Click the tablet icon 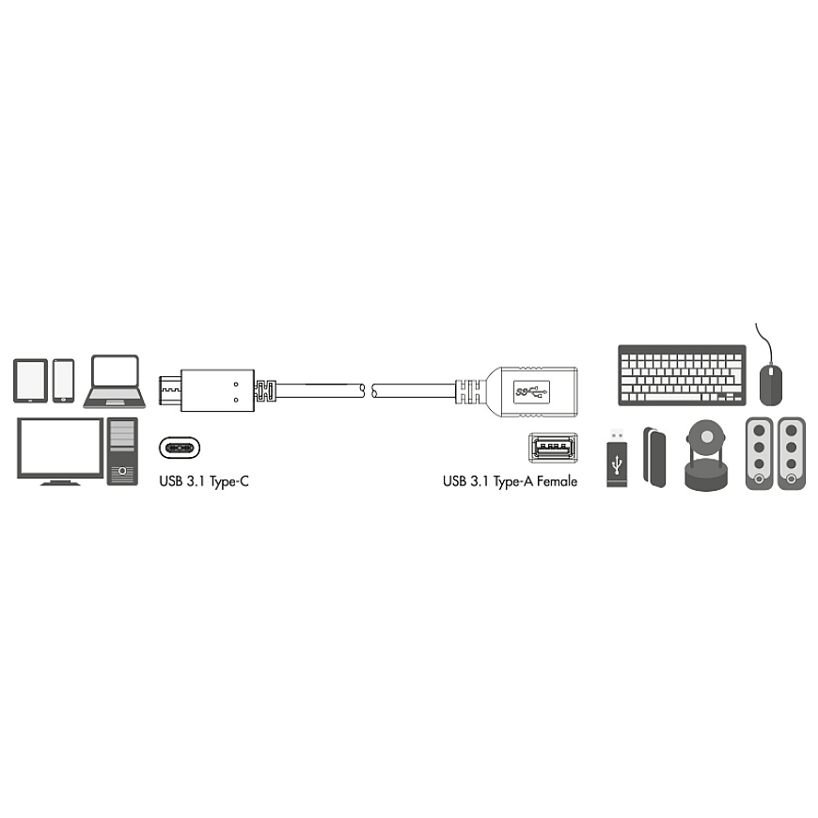click(30, 381)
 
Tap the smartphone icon click(64, 381)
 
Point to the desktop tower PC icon click(122, 451)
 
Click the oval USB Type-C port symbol click(179, 448)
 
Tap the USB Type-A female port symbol click(553, 448)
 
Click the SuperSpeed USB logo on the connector click(531, 391)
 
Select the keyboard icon click(682, 375)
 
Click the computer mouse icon click(771, 385)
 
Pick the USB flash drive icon click(617, 458)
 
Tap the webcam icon click(706, 455)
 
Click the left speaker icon click(760, 453)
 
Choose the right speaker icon click(792, 453)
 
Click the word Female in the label click(557, 481)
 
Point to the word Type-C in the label click(229, 481)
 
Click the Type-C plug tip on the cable click(170, 390)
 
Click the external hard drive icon click(654, 458)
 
